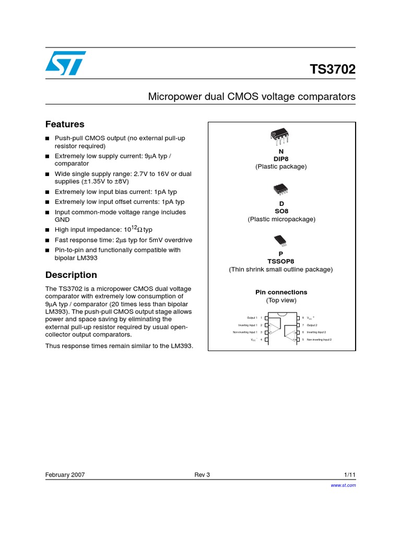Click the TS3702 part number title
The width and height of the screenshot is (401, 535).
[333, 69]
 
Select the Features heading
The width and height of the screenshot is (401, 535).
[65, 124]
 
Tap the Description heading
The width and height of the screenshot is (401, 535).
[71, 275]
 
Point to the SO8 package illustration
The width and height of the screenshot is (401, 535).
[280, 189]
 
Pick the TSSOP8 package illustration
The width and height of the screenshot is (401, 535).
[280, 240]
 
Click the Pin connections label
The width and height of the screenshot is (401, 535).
[281, 292]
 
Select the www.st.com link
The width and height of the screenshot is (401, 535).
[344, 485]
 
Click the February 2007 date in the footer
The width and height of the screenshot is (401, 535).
[65, 475]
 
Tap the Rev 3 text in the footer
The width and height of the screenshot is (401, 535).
[202, 475]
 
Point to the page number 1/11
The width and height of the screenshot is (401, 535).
[350, 475]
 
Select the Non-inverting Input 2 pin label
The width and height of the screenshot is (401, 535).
[319, 340]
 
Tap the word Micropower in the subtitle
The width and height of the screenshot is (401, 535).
[172, 97]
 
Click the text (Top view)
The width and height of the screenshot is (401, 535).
[281, 300]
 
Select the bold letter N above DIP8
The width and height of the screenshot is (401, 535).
[281, 151]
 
